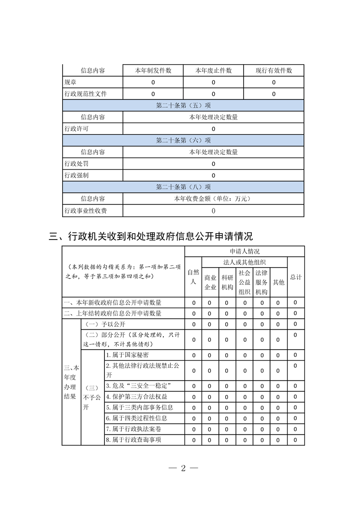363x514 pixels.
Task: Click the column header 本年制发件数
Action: click(153, 71)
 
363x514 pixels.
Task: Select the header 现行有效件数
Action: click(274, 71)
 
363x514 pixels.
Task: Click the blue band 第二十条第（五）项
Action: click(183, 105)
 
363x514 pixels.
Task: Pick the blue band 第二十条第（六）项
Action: click(183, 140)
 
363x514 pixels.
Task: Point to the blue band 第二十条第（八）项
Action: click(183, 187)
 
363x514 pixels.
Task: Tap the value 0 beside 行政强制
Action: click(213, 175)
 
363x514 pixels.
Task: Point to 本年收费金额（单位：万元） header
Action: click(213, 199)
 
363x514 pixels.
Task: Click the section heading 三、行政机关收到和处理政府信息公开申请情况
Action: click(151, 236)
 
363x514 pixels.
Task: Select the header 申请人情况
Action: click(244, 252)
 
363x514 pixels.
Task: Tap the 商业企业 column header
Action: click(210, 282)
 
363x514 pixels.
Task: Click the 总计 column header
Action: click(296, 277)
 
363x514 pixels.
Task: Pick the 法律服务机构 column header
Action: click(261, 282)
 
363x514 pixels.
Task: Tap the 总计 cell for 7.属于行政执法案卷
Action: click(296, 429)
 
